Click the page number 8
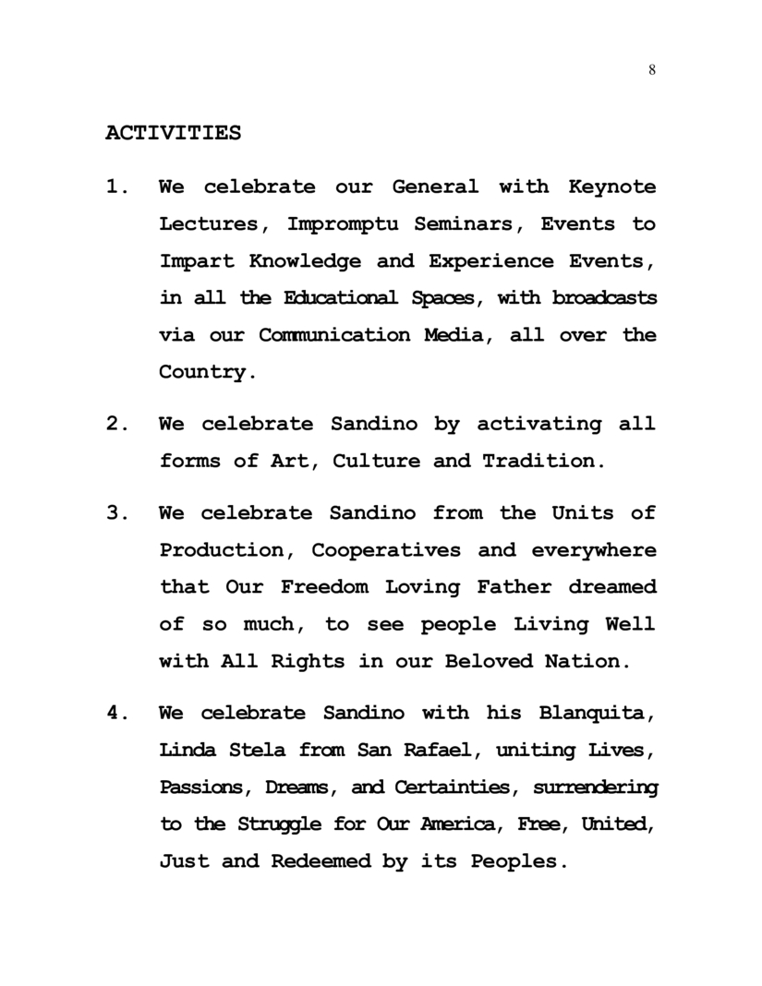click(x=652, y=72)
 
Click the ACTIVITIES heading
click(x=173, y=133)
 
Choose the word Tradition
click(x=544, y=462)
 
